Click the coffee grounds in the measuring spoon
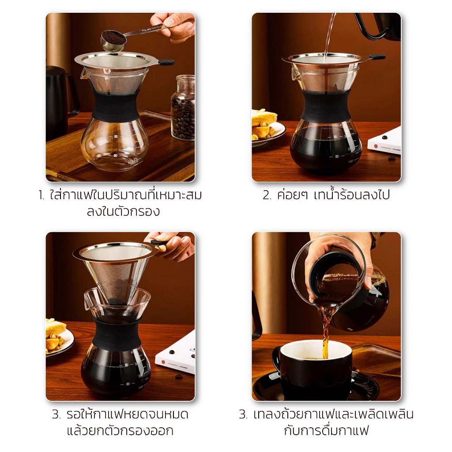pyautogui.click(x=113, y=37)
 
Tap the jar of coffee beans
pyautogui.click(x=183, y=107)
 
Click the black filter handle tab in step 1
pyautogui.click(x=166, y=62)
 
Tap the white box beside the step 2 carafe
pyautogui.click(x=385, y=142)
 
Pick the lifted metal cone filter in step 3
pyautogui.click(x=115, y=271)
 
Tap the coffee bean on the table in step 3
pyautogui.click(x=179, y=377)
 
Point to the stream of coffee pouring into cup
pyautogui.click(x=326, y=331)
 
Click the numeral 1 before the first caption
pyautogui.click(x=41, y=196)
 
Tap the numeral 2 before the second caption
pyautogui.click(x=267, y=196)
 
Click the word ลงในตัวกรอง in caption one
pyautogui.click(x=123, y=212)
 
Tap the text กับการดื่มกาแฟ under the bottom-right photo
pyautogui.click(x=326, y=430)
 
